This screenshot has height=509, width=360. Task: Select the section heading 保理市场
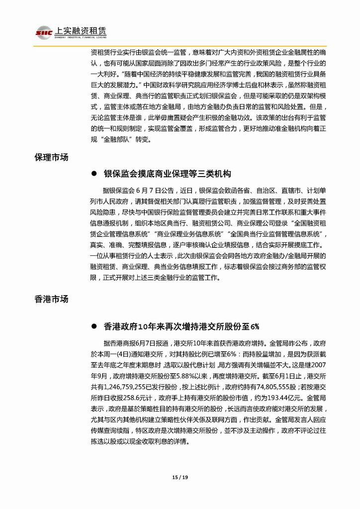pyautogui.click(x=51, y=157)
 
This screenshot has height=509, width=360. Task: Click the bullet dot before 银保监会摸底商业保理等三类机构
pyautogui.click(x=93, y=174)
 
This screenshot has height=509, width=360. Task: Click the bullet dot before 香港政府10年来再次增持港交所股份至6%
pyautogui.click(x=93, y=327)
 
